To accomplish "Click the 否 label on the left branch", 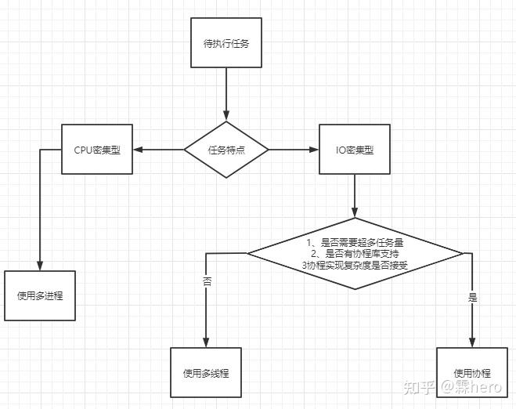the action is click(x=207, y=281).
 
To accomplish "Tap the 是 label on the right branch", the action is click(x=473, y=298).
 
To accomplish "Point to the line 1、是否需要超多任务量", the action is click(x=355, y=243).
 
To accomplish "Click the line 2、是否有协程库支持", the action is click(x=355, y=254).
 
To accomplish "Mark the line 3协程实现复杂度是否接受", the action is click(x=355, y=265).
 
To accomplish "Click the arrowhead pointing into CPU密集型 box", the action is click(x=138, y=150).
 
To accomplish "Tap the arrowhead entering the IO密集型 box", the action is click(x=314, y=150).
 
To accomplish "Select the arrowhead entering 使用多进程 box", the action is click(x=40, y=266).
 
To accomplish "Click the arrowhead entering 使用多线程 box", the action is click(x=206, y=342).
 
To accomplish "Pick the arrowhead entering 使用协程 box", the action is click(x=472, y=342).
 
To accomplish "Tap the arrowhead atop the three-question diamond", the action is click(x=355, y=212).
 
